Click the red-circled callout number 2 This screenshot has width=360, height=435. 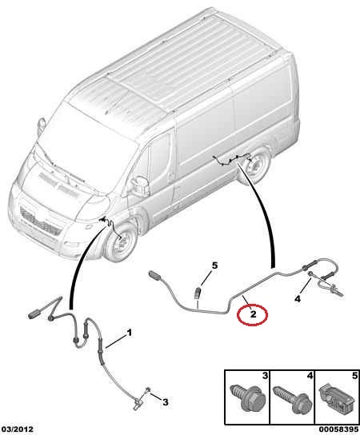click(253, 314)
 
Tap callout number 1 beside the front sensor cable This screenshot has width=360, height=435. click(129, 333)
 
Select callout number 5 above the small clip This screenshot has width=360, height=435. click(214, 265)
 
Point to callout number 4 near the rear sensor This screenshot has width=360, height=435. click(298, 299)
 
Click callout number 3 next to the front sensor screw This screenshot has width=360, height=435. click(165, 401)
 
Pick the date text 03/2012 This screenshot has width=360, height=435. click(17, 429)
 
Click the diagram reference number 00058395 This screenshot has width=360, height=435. click(338, 429)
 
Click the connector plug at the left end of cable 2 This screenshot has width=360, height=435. click(155, 275)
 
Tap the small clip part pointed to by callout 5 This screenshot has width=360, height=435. click(197, 292)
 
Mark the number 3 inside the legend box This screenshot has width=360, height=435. click(265, 376)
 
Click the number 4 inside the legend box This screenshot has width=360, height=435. click(310, 376)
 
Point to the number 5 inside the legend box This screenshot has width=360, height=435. click(354, 376)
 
